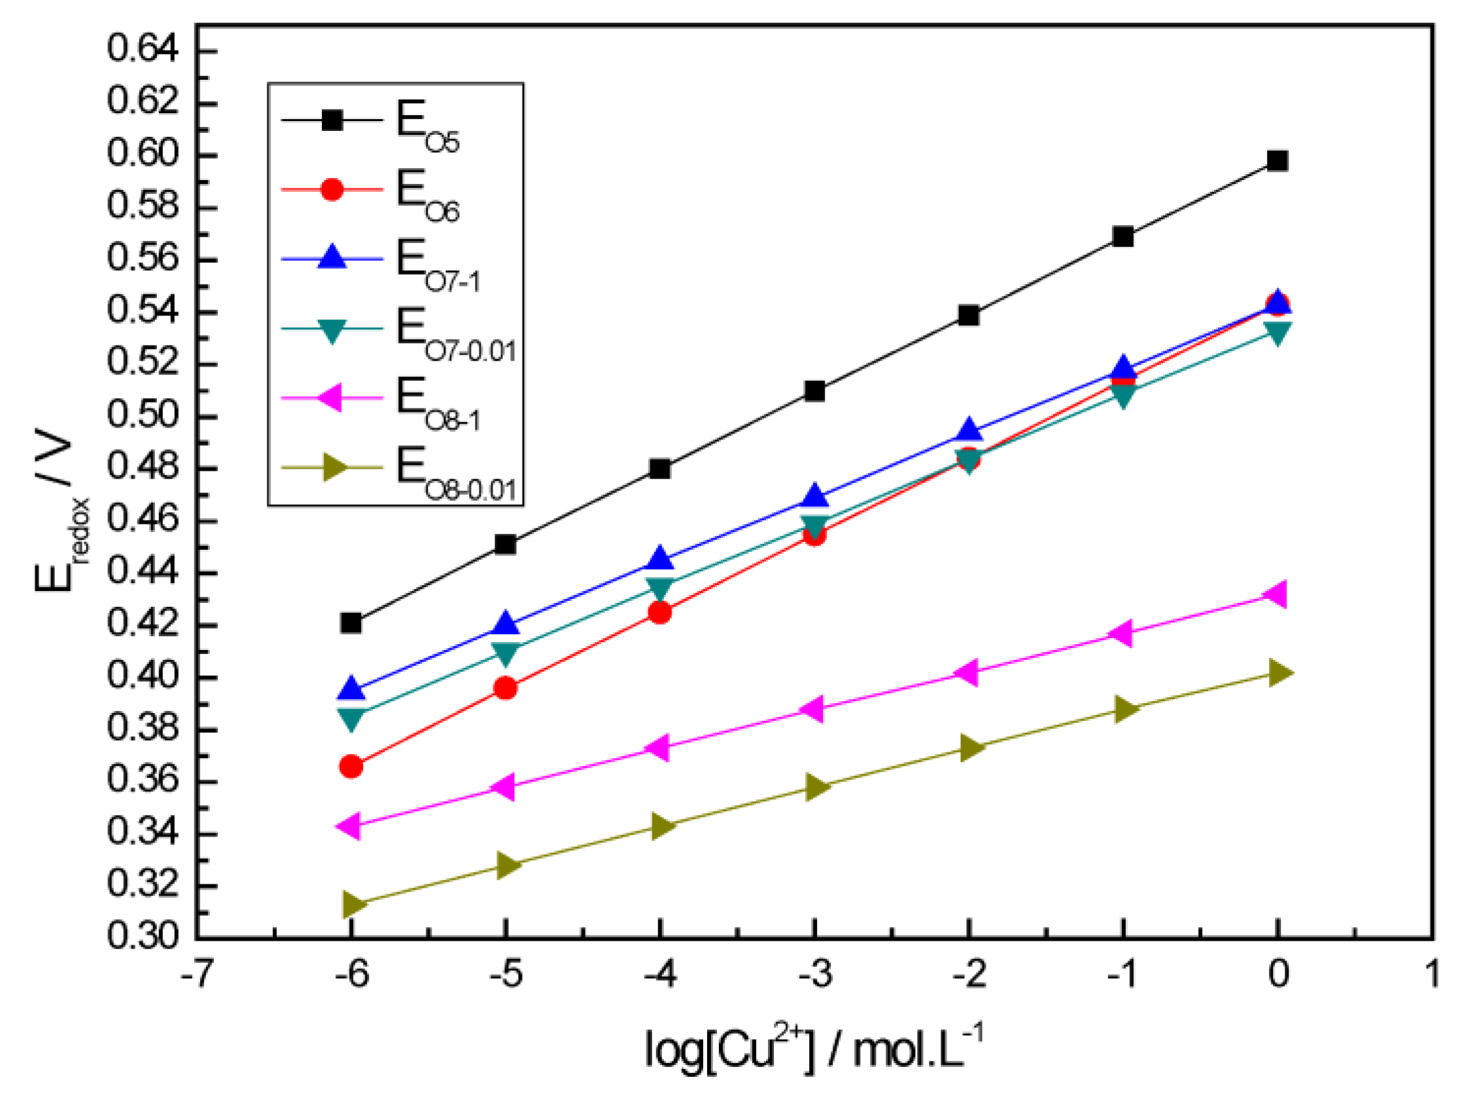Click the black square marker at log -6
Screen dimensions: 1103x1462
tap(351, 623)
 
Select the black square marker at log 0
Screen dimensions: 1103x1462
tap(1277, 160)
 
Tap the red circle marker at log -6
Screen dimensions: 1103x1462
tap(351, 767)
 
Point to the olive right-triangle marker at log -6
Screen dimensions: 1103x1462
tap(354, 904)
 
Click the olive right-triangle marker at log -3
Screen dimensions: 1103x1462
tap(816, 787)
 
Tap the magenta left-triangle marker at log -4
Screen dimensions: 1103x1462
tap(657, 748)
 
